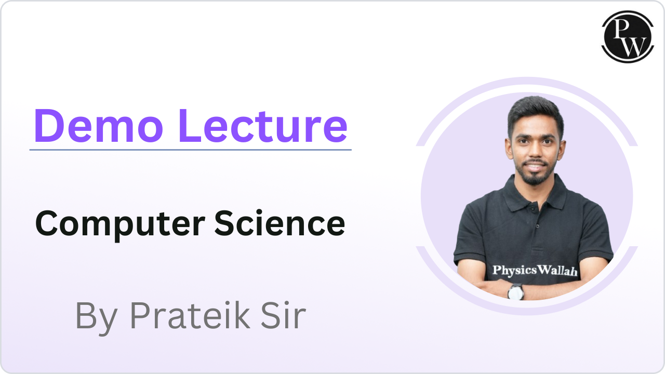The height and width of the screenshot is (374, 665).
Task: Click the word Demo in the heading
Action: coord(99,126)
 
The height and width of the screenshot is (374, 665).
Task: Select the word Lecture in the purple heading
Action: coord(263,126)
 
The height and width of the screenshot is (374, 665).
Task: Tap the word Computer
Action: coord(120,225)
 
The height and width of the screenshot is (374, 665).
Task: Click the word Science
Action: coord(280,223)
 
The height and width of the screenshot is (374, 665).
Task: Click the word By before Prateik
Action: coord(97,318)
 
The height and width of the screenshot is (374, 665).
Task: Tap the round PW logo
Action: coord(628,37)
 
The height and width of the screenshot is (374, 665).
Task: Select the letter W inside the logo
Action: coord(634,47)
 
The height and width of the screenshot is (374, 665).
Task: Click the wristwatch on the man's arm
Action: coord(516,292)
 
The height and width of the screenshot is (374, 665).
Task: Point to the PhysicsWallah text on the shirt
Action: coord(535,271)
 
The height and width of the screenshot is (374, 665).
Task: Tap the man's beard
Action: coord(535,175)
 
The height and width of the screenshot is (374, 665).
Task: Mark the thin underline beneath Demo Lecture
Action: coord(190,150)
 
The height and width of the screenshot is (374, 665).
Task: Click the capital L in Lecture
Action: coord(190,126)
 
